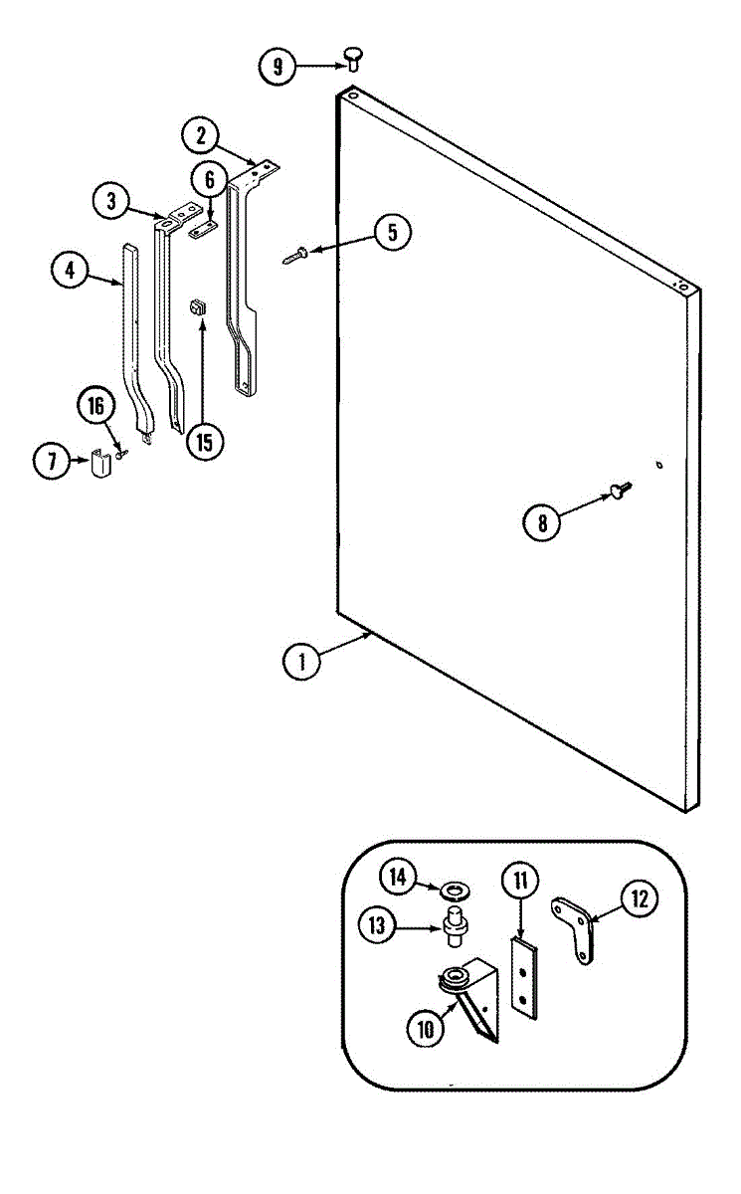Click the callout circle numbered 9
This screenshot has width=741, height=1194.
click(x=278, y=68)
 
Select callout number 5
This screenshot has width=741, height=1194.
click(x=391, y=232)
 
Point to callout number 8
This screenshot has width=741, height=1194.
click(x=542, y=523)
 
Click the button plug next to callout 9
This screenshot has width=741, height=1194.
click(x=353, y=57)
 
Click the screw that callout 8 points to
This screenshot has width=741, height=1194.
click(x=620, y=489)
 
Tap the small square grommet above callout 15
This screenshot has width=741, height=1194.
click(x=198, y=305)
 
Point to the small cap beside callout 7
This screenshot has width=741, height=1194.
click(x=98, y=463)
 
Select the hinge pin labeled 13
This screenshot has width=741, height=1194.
click(x=456, y=924)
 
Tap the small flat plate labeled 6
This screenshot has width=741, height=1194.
click(x=203, y=229)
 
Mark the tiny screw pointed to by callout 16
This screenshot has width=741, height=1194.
click(x=121, y=454)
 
